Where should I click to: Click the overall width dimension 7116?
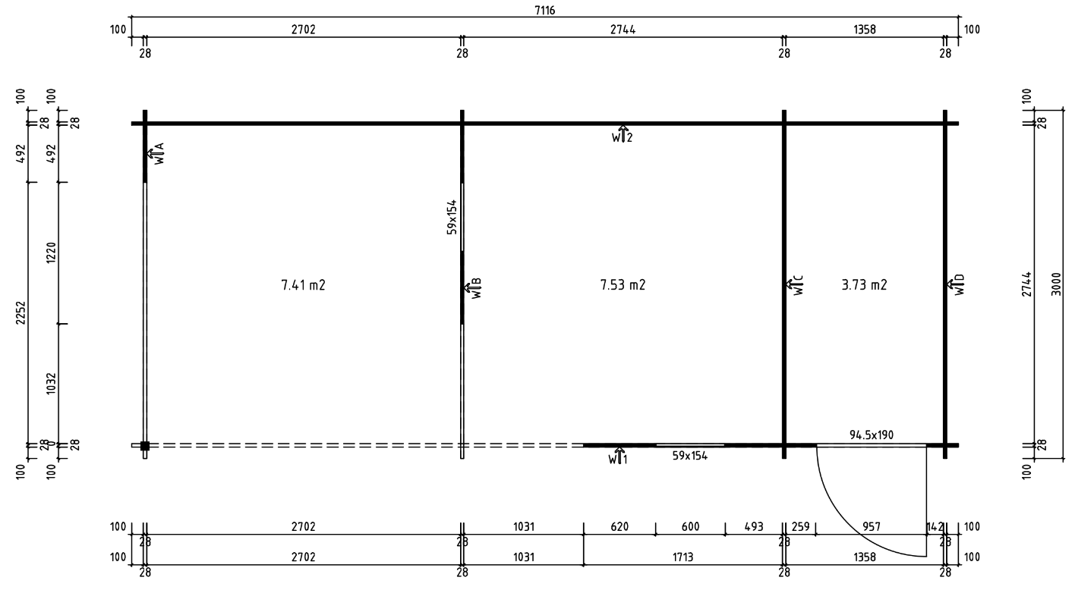tap(545, 8)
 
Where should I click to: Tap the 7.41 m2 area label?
tap(303, 285)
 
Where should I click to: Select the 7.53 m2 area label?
tap(623, 285)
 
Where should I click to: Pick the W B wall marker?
tap(474, 289)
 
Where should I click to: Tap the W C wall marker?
tap(796, 286)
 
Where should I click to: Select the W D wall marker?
tap(957, 286)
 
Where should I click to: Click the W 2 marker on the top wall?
tap(623, 135)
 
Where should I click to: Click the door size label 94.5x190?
tap(872, 435)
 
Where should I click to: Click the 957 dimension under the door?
tap(871, 526)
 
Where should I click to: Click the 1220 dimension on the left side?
tap(51, 253)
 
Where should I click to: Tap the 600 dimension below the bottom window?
tap(689, 526)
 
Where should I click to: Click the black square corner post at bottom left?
tap(145, 446)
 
